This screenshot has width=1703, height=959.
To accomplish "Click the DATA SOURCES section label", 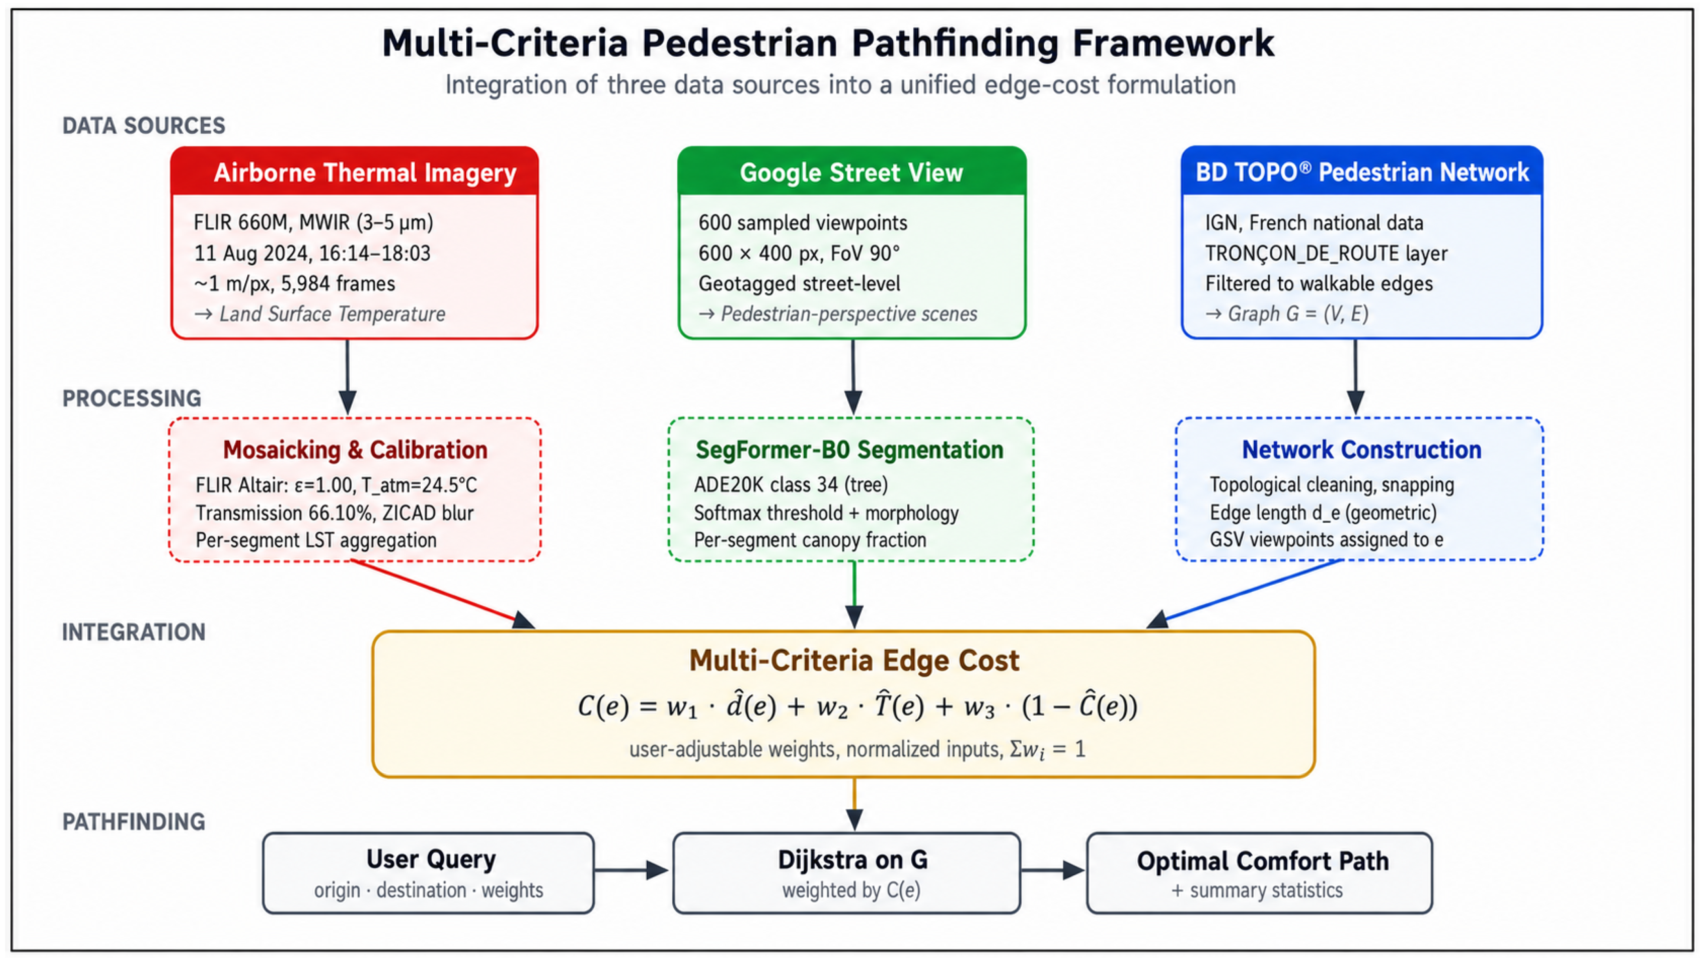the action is (144, 126).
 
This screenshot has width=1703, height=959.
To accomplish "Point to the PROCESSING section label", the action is (132, 398).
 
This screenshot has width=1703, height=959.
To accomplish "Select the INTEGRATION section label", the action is (134, 632).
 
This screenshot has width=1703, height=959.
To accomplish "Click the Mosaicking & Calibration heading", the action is (355, 450).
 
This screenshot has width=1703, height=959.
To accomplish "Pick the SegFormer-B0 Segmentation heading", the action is (849, 450).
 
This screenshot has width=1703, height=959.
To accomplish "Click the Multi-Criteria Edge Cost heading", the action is (854, 660).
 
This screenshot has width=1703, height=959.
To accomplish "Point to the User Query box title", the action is (431, 859).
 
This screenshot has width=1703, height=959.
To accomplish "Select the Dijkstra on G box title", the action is (853, 859).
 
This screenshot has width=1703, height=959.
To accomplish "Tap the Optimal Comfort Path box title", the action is (1263, 861).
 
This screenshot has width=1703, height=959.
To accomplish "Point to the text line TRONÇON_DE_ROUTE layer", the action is (1326, 253).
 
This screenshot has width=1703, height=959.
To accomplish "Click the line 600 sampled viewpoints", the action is (803, 223).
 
